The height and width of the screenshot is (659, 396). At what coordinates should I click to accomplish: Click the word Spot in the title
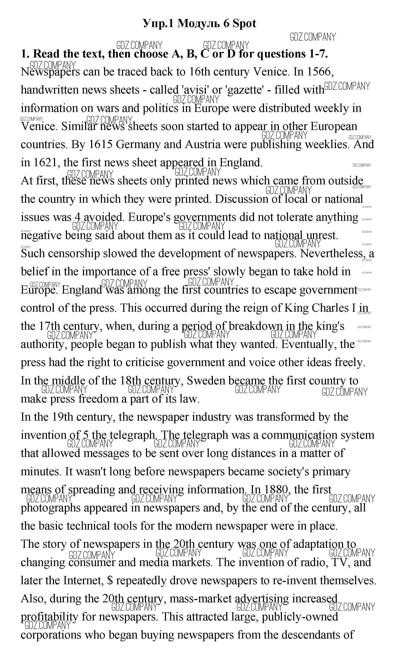[244, 24]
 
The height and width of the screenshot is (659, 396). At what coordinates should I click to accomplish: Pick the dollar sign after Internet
[110, 581]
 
